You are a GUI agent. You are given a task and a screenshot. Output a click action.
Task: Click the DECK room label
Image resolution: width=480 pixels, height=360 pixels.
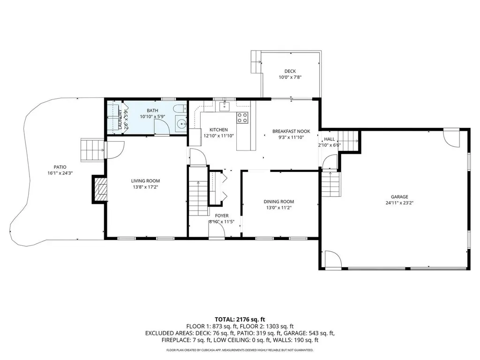[x=290, y=71]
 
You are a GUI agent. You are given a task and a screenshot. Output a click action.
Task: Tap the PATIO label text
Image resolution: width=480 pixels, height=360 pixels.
[x=60, y=167]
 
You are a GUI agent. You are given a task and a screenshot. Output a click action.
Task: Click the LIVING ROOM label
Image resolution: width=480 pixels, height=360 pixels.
[x=145, y=181]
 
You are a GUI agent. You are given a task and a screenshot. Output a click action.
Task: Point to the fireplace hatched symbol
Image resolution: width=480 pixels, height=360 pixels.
[x=101, y=189]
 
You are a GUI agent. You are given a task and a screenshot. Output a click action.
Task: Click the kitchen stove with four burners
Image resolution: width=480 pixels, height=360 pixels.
[x=242, y=118]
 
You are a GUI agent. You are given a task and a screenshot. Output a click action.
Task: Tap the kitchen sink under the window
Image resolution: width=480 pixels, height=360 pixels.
[x=225, y=105]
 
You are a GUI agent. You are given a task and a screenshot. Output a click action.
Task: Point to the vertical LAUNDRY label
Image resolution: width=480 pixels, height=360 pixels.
[x=120, y=120]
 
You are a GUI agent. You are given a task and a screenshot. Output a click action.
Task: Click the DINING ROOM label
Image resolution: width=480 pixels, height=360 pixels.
[x=278, y=202]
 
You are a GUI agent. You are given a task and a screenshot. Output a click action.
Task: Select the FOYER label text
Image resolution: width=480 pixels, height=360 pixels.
[x=222, y=216]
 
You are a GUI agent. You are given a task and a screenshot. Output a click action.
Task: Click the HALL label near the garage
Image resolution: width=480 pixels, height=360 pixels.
[x=330, y=139]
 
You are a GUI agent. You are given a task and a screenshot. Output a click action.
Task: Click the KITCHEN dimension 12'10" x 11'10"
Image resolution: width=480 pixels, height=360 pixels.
[x=218, y=136]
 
